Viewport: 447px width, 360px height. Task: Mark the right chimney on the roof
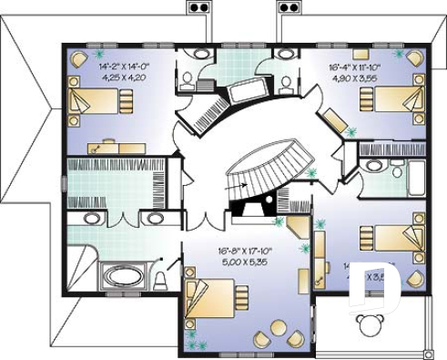click(x=288, y=9)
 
